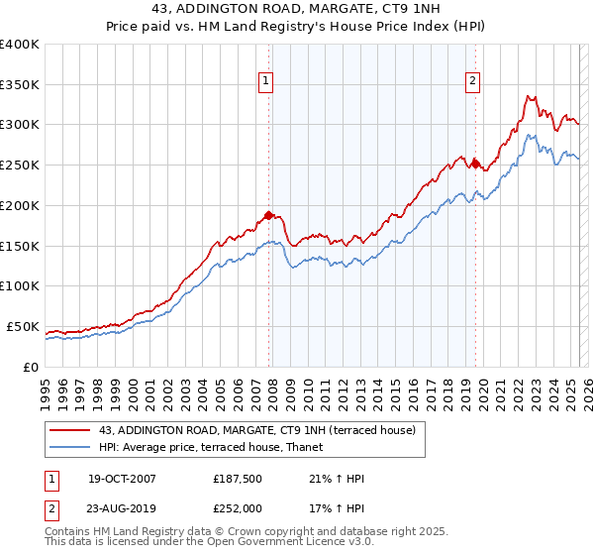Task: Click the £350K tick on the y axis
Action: [20, 85]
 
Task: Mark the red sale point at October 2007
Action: [268, 215]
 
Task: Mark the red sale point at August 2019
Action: [475, 164]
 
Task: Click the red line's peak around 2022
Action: [528, 96]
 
